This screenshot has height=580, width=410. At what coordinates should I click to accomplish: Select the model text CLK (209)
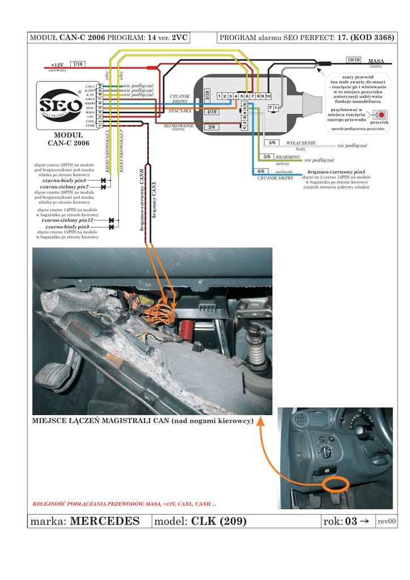[x=219, y=521]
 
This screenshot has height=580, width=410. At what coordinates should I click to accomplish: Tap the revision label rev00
[x=387, y=522]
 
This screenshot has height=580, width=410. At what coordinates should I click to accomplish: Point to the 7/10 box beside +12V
[x=78, y=65]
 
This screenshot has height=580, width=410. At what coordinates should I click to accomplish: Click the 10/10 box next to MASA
[x=353, y=59]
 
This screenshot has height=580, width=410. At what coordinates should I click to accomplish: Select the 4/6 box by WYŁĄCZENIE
[x=272, y=143]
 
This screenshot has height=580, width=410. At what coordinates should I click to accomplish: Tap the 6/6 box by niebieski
[x=261, y=171]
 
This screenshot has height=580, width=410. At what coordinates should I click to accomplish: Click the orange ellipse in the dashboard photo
[x=337, y=484]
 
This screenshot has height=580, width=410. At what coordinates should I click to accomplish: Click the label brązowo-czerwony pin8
[x=336, y=171]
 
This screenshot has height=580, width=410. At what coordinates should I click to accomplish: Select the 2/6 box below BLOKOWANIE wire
[x=211, y=127]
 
